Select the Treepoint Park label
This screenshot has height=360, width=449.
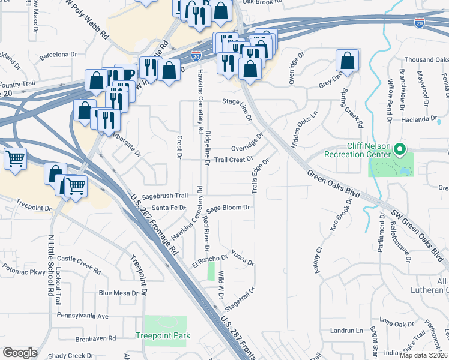(163, 335)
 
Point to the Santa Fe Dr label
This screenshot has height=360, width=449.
(170, 208)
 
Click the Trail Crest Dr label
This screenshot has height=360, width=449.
(234, 160)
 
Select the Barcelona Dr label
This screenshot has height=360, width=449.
(59, 55)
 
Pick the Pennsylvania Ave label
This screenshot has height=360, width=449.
(82, 316)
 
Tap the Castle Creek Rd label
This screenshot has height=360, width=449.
(79, 259)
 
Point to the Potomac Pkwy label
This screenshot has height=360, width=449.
(23, 272)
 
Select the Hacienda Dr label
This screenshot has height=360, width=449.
(421, 119)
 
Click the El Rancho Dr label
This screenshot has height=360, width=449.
(209, 260)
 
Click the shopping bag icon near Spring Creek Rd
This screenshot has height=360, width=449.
(347, 61)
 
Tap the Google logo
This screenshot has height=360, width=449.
(20, 353)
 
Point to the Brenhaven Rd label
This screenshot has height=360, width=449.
(95, 338)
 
